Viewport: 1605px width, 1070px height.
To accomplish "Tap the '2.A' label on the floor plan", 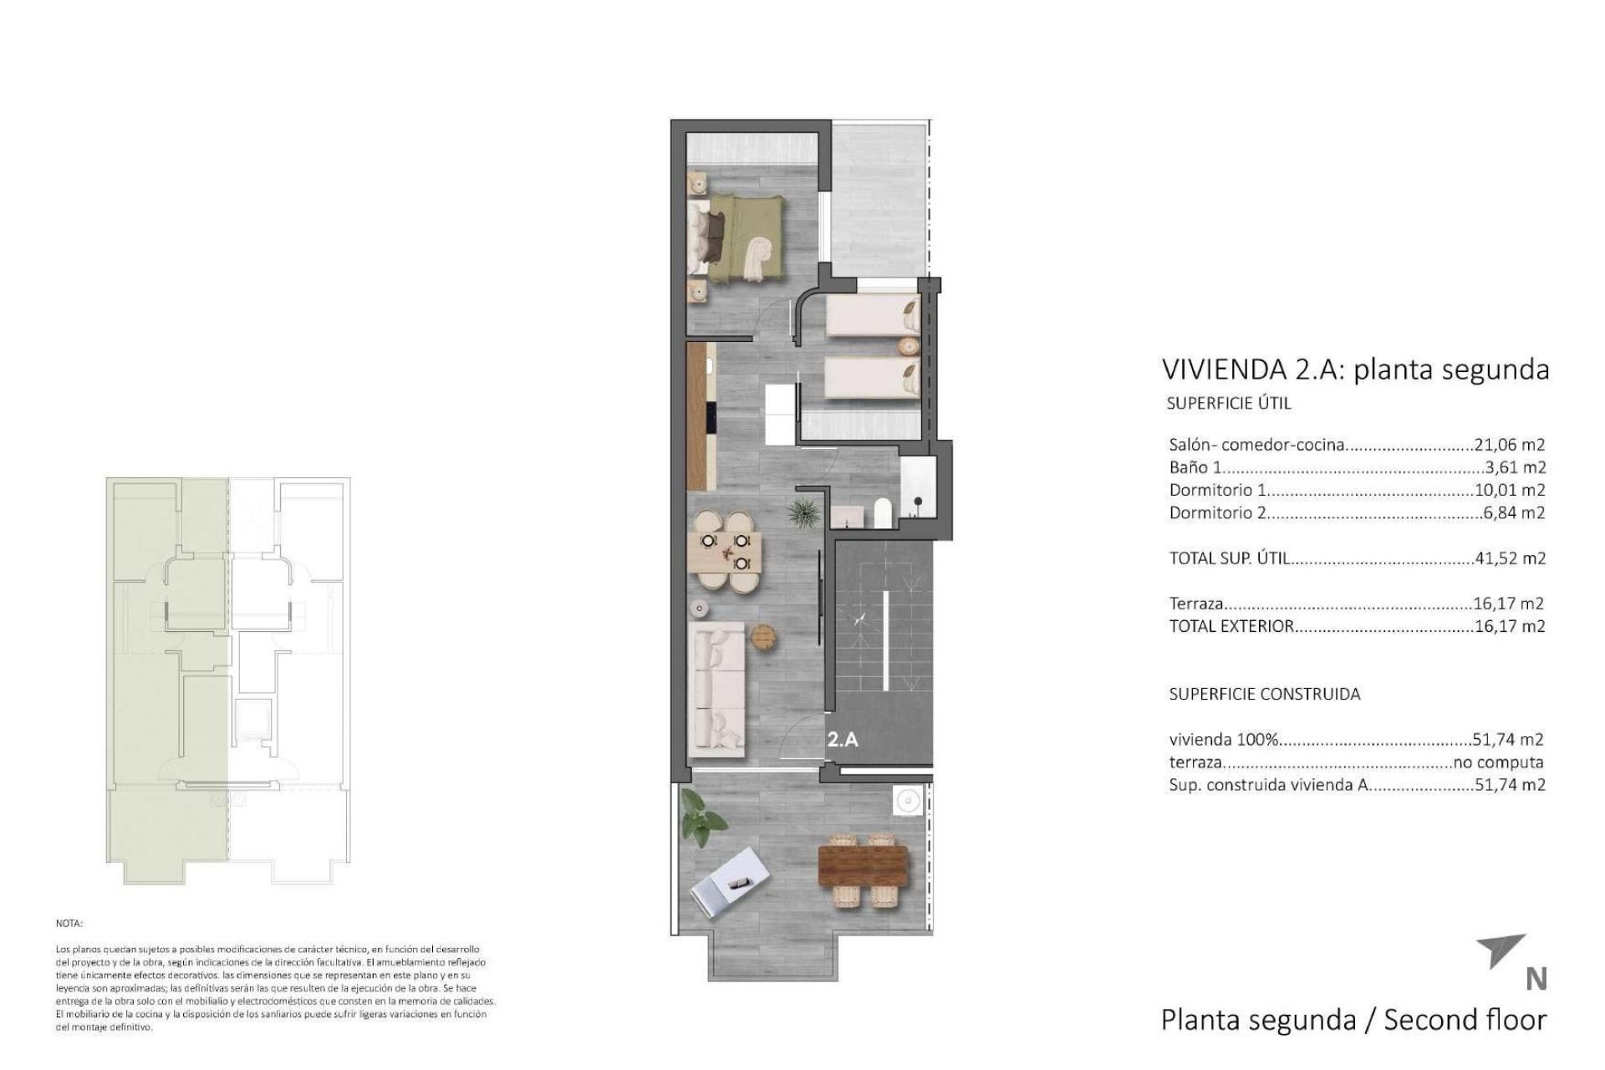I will point(843,739).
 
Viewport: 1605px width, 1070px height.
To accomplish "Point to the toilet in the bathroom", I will point(882,513).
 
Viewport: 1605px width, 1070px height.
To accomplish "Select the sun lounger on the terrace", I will point(730,883).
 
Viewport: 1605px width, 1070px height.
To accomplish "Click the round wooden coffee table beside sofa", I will point(764,637).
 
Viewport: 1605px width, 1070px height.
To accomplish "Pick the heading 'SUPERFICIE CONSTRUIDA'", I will point(1264,694).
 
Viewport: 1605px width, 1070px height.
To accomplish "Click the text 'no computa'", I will point(1498,762).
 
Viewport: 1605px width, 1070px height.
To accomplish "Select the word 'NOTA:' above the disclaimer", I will point(69,924).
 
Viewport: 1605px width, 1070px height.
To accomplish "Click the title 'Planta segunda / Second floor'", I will point(1353,1020).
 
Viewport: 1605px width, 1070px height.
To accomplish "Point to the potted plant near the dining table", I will point(803,512).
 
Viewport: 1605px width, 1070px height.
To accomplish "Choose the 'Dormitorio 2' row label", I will point(1217,513).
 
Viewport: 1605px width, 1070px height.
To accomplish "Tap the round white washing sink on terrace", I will point(907,802).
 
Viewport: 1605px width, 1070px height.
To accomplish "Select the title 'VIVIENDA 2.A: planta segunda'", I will point(1355,369).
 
